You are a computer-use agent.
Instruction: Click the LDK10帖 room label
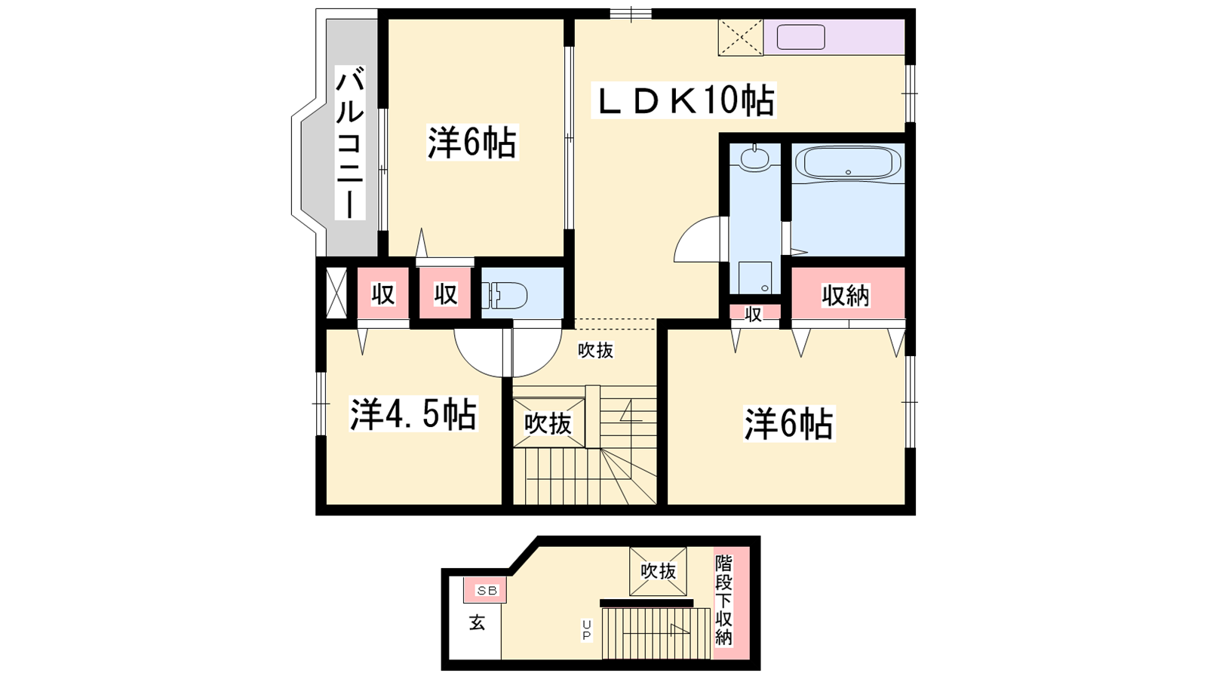(683, 100)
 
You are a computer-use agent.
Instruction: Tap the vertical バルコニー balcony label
(350, 143)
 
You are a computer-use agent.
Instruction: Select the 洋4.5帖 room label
(413, 414)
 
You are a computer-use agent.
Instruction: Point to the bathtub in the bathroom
(848, 162)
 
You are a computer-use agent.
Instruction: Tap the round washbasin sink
(754, 158)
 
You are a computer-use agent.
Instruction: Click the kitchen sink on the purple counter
(800, 37)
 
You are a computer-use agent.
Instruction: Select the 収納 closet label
(846, 295)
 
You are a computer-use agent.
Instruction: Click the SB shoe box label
(487, 591)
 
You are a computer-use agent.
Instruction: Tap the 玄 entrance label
(477, 623)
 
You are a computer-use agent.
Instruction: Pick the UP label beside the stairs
(586, 630)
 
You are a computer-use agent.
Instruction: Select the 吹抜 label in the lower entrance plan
(658, 571)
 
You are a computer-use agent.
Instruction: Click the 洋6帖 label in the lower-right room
(789, 423)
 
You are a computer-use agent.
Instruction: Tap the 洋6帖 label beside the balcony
(472, 143)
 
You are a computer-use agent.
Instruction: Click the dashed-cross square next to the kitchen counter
(741, 37)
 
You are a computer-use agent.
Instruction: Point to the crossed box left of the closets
(336, 293)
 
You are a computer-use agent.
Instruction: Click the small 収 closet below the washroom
(754, 314)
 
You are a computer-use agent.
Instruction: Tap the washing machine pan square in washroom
(755, 278)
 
